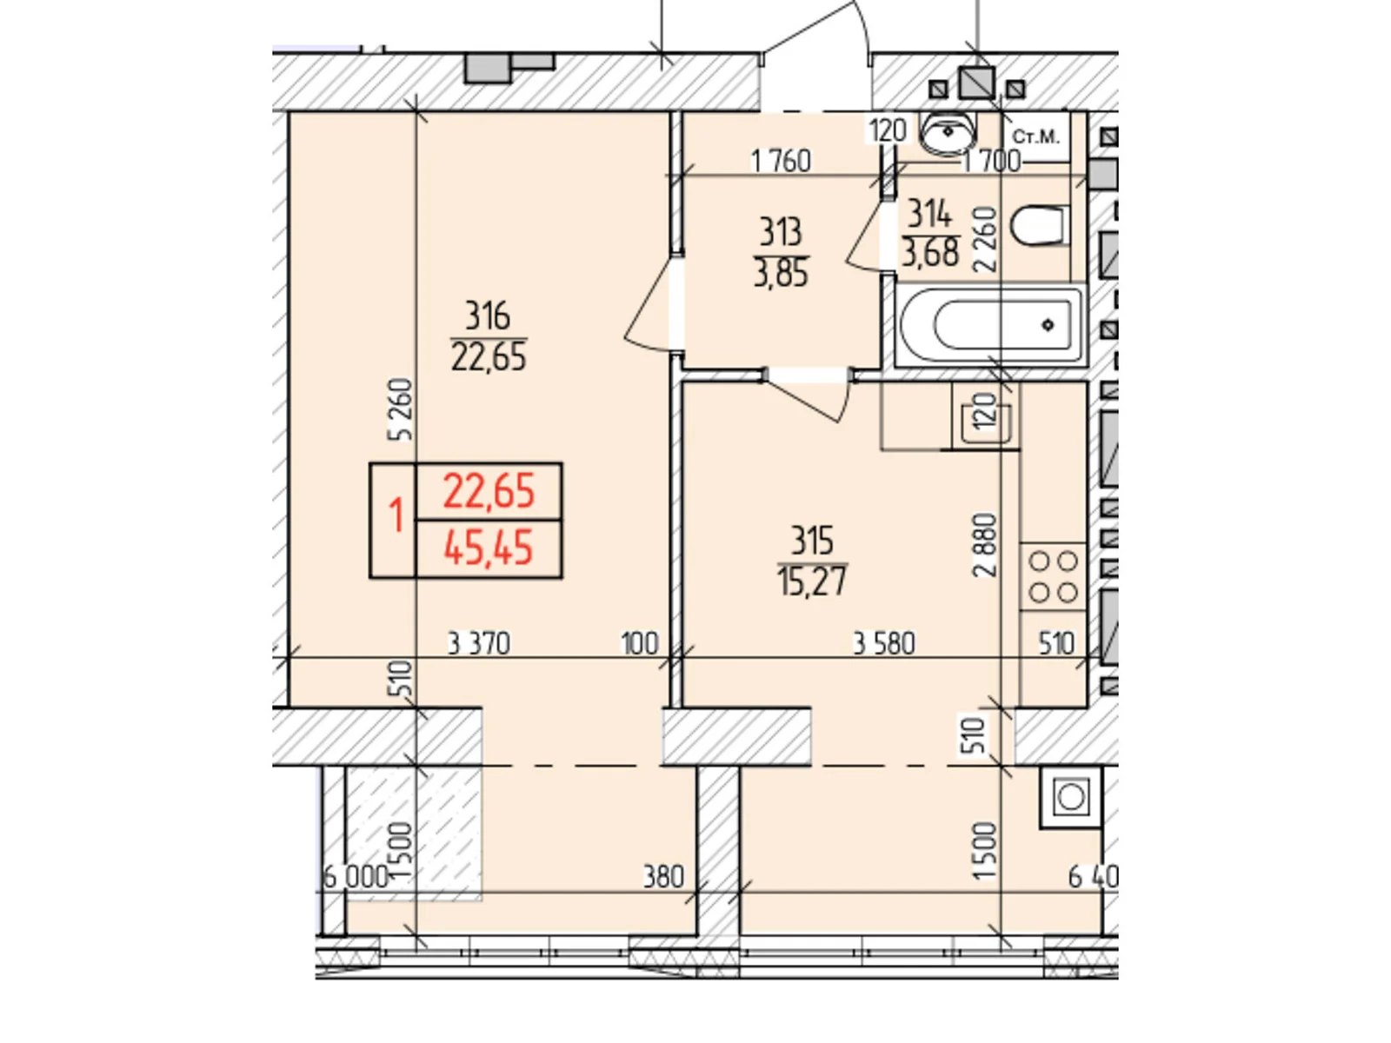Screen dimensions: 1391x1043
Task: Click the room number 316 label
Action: [487, 316]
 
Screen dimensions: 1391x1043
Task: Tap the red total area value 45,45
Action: [488, 548]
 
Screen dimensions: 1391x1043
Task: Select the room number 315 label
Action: [812, 541]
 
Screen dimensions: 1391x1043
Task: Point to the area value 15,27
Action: [812, 581]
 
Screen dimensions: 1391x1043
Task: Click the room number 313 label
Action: [781, 233]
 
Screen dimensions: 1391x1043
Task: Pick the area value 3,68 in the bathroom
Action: [930, 253]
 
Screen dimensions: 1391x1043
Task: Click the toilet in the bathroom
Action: [1039, 225]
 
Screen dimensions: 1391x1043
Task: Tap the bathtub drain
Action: [1048, 325]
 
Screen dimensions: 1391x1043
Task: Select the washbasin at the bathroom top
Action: [948, 132]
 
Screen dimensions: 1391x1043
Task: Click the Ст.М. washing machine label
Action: [1036, 136]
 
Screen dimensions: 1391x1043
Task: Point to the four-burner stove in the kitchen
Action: [1053, 576]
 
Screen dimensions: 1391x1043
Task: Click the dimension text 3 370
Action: [478, 644]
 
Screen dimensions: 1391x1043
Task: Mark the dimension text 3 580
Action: [884, 644]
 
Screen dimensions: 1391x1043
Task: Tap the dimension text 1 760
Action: [781, 162]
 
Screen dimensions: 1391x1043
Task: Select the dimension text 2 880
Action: [985, 545]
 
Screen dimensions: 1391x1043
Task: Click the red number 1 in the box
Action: [396, 515]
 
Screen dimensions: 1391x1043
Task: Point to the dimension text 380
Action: [663, 877]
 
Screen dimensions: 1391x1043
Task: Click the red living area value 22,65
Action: [488, 491]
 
